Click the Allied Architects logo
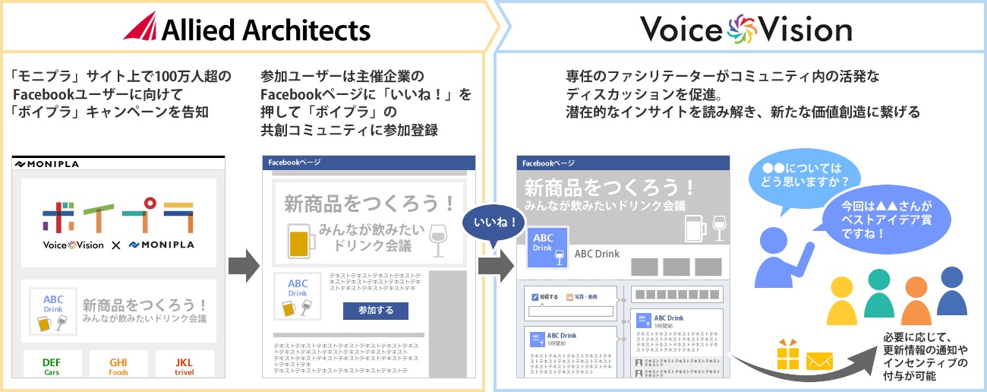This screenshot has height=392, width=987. click(247, 29)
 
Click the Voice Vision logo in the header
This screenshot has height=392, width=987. click(745, 30)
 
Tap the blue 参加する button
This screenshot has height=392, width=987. click(375, 311)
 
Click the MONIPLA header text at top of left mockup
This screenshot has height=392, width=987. click(47, 164)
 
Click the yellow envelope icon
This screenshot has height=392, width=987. click(820, 361)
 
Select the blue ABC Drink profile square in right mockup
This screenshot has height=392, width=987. click(544, 248)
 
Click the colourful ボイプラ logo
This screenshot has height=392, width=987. click(118, 214)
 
